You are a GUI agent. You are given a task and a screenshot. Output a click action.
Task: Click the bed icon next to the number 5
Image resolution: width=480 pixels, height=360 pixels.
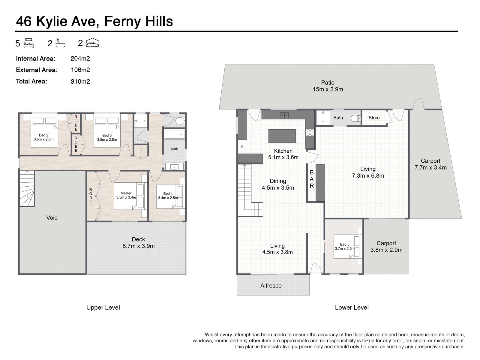tap(28, 43)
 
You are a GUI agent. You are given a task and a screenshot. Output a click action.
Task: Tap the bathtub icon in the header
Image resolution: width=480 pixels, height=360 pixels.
tap(60, 43)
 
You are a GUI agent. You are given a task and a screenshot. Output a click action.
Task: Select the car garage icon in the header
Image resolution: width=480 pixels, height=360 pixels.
tap(92, 43)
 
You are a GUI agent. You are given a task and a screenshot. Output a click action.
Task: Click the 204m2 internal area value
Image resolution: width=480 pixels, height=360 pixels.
tap(80, 58)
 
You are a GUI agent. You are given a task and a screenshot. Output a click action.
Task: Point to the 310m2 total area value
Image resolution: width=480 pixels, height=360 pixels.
tap(80, 82)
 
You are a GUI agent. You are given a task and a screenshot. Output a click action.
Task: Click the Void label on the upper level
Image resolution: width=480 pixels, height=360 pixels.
tap(52, 217)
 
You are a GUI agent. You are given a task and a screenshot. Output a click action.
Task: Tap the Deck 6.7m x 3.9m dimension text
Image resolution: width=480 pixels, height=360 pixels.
tap(138, 246)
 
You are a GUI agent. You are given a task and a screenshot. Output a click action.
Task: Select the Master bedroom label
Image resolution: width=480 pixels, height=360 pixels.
tap(126, 193)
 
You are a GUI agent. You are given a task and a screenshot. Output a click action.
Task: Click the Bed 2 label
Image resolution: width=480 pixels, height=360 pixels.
tap(43, 135)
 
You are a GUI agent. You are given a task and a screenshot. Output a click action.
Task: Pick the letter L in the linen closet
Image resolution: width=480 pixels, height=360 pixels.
tap(141, 150)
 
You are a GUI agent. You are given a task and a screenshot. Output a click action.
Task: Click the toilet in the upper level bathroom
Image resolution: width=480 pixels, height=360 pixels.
tap(181, 120)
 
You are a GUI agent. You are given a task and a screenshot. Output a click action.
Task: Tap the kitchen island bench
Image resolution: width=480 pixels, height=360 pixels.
tap(282, 136)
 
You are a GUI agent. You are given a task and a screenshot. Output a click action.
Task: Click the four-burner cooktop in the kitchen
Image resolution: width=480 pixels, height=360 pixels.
tap(310, 132)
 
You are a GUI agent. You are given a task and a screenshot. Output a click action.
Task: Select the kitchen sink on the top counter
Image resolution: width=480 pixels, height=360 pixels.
tap(284, 115)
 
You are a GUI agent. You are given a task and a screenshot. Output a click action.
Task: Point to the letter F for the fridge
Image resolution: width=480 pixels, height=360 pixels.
tap(242, 146)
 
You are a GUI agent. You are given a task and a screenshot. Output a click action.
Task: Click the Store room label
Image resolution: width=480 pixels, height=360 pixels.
tap(374, 118)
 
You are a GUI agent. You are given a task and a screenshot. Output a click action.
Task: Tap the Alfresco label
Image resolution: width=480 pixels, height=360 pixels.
tap(271, 286)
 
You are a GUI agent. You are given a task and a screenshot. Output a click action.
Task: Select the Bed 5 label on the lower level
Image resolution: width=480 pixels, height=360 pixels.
tap(345, 244)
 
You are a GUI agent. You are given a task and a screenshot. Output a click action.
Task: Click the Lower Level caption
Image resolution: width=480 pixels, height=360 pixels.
tap(352, 307)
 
